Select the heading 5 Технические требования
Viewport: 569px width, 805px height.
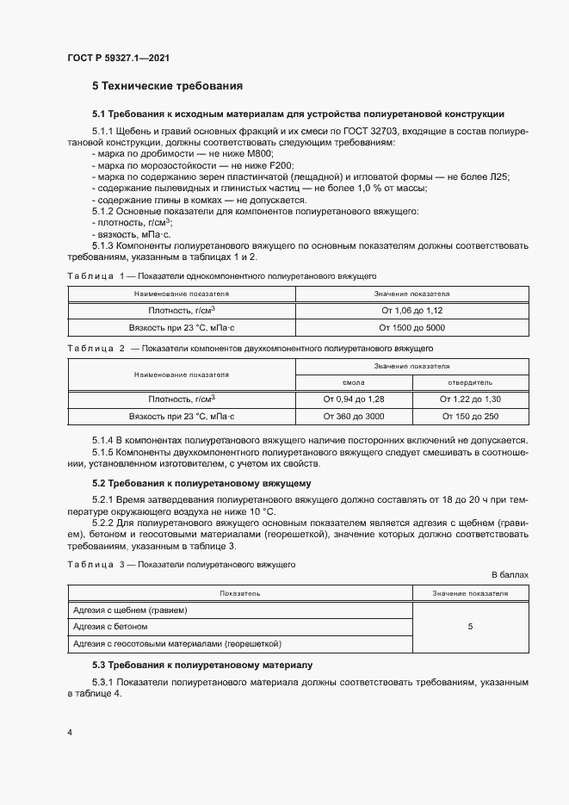pos(167,86)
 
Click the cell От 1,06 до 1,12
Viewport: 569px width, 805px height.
pos(411,310)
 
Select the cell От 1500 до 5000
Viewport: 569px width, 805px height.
pos(411,328)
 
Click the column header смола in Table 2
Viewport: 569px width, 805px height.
pos(354,382)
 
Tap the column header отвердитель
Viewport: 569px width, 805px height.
pos(470,382)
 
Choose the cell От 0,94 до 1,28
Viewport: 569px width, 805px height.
pos(354,399)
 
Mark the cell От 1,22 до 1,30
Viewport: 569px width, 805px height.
pos(470,399)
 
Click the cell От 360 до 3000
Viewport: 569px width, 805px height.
pos(354,416)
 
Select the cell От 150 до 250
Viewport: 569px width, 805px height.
pos(470,416)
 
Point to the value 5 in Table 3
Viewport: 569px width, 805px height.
pos(470,627)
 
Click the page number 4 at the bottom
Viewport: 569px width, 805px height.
pos(70,732)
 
